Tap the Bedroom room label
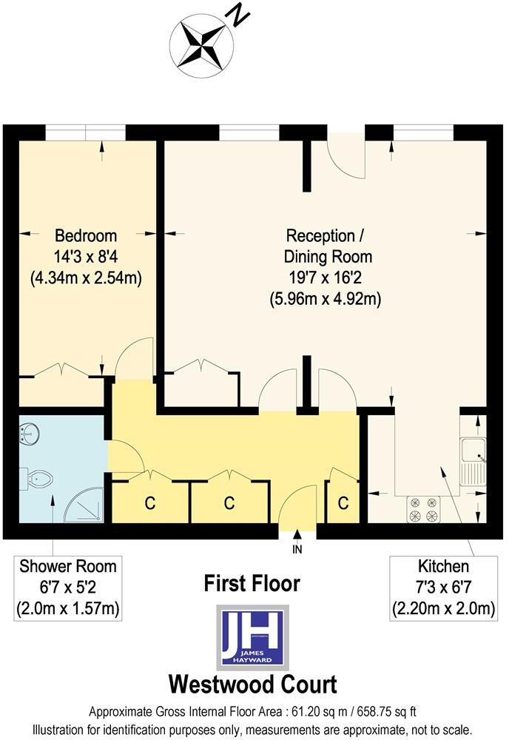tap(86, 236)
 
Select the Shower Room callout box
tap(68, 588)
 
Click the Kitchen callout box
tap(444, 588)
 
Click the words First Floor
tap(252, 583)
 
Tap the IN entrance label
tap(297, 551)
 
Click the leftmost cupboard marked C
tap(149, 504)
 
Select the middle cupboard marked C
tap(229, 504)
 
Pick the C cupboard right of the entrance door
tap(343, 503)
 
